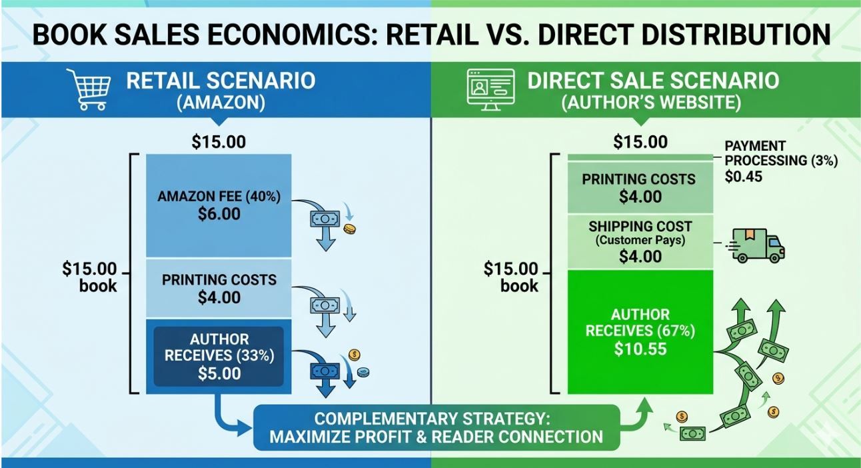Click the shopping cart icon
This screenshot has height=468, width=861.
pyautogui.click(x=89, y=89)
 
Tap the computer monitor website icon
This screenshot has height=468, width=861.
pyautogui.click(x=491, y=89)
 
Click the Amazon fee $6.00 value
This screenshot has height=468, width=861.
pyautogui.click(x=219, y=214)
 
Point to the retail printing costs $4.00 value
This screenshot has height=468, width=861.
pyautogui.click(x=219, y=297)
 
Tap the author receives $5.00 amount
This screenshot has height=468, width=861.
pyautogui.click(x=219, y=373)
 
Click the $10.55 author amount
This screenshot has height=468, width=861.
pyautogui.click(x=640, y=349)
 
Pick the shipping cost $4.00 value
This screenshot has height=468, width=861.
pyautogui.click(x=640, y=256)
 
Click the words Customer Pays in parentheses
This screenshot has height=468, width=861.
pyautogui.click(x=640, y=241)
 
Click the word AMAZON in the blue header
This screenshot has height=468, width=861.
pyautogui.click(x=221, y=103)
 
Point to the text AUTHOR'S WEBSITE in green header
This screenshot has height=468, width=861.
pyautogui.click(x=651, y=103)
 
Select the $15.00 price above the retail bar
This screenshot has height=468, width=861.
pyautogui.click(x=219, y=142)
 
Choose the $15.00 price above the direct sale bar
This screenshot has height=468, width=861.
pyautogui.click(x=640, y=142)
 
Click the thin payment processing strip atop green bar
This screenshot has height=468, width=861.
pyautogui.click(x=640, y=157)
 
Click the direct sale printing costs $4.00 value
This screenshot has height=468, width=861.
pyautogui.click(x=640, y=197)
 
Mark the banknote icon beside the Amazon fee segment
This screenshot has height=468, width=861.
pyautogui.click(x=325, y=219)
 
